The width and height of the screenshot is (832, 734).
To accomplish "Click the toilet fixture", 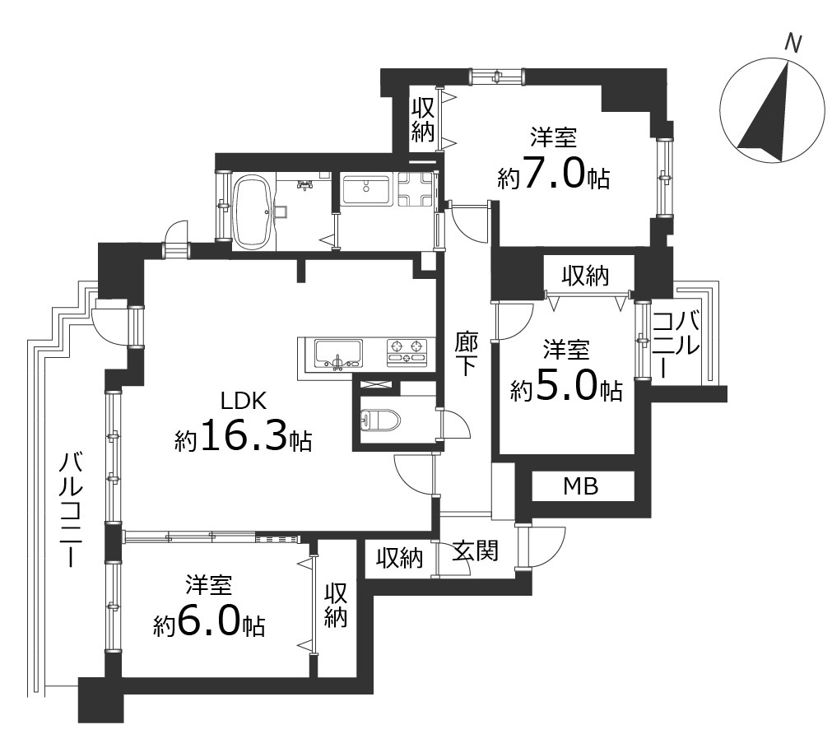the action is coord(380,420).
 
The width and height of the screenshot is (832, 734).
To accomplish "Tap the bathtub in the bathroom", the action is coord(253,212).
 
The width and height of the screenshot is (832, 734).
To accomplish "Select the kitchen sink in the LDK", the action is coord(337,354).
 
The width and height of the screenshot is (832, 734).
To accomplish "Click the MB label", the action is coord(580,485).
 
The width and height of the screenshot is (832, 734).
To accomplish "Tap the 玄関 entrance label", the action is coord(476,551).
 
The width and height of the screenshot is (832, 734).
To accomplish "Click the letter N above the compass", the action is coord(794,44).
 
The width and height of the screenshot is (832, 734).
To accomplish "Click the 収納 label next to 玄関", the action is coord(400,559).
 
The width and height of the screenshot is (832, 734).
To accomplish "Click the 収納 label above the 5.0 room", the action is coord(586,276).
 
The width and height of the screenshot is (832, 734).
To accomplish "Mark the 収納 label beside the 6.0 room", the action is coord(336,606).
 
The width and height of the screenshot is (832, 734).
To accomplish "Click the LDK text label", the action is coord(244,402).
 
